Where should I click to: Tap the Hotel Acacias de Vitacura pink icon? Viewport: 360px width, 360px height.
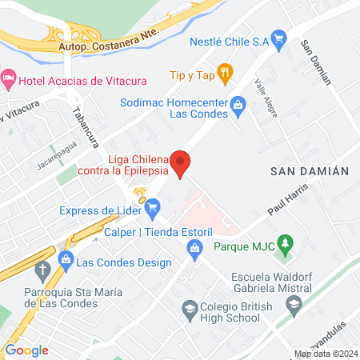9,79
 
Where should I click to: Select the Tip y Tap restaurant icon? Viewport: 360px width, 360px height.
226,75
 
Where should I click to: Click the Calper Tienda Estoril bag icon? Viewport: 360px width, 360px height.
194,248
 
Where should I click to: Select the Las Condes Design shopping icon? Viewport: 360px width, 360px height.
64,262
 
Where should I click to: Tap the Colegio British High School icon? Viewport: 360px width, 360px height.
190,308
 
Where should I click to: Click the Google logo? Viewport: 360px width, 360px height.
27,350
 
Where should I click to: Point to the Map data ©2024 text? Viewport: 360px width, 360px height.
325,354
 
